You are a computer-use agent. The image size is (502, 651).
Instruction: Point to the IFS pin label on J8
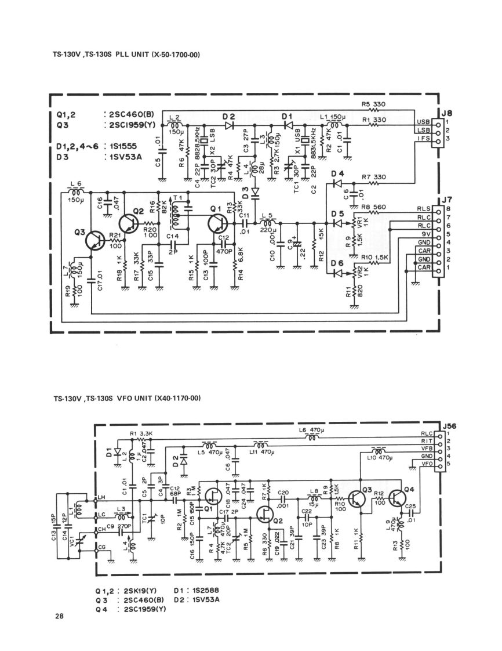tap(423, 139)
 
